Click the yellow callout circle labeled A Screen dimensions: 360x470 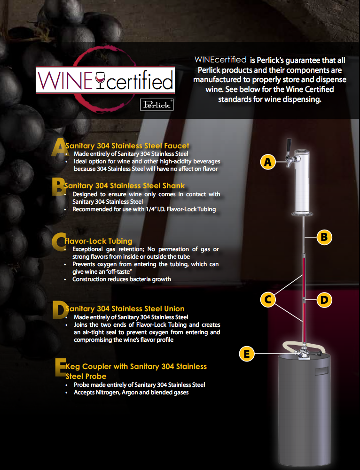click(267, 162)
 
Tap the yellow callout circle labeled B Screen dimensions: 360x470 click(324, 237)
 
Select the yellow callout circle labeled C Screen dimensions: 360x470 click(268, 300)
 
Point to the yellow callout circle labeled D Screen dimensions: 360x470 click(324, 300)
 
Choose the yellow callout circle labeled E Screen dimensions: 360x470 click(247, 354)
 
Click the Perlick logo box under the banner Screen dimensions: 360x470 click(157, 105)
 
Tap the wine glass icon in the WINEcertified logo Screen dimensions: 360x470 click(100, 80)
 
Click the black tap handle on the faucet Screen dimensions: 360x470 click(289, 146)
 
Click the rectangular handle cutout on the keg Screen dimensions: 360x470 click(322, 371)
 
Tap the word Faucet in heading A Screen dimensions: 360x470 click(177, 146)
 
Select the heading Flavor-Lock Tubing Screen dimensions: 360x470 click(98, 241)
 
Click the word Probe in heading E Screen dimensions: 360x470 click(96, 376)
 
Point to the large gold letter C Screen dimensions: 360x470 click(58, 242)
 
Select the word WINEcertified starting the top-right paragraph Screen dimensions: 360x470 click(220, 60)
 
